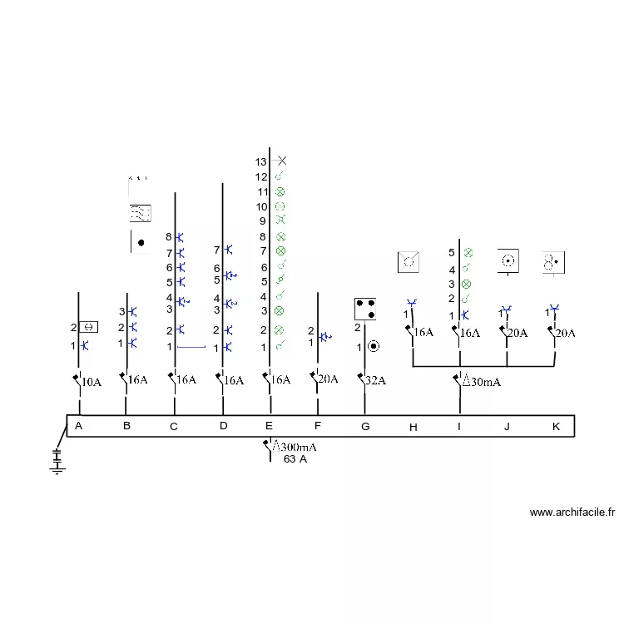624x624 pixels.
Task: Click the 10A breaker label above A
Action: coord(92,382)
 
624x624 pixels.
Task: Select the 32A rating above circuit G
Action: coord(376,380)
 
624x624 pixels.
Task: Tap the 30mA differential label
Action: coord(482,382)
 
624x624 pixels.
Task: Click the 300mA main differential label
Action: coord(295,447)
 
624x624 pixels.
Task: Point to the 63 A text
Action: coord(295,459)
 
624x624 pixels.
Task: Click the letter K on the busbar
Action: coord(556,427)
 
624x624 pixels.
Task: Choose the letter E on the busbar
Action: coord(269,426)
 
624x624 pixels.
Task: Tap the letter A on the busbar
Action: coord(78,426)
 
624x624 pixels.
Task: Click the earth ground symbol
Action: coord(57,462)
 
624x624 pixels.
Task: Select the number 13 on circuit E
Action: coord(260,162)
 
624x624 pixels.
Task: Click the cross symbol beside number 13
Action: coord(282,161)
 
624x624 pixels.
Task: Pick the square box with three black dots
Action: coord(365,309)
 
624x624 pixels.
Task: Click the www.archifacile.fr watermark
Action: coord(572,513)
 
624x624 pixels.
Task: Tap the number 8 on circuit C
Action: coord(169,237)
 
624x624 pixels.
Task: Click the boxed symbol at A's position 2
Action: coord(88,327)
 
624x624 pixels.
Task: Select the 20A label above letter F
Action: coord(328,379)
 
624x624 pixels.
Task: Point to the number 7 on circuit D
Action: coord(216,250)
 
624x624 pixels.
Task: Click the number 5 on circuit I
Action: coord(451,253)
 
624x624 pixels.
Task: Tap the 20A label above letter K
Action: coord(565,333)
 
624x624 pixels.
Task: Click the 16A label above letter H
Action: coord(423,332)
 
